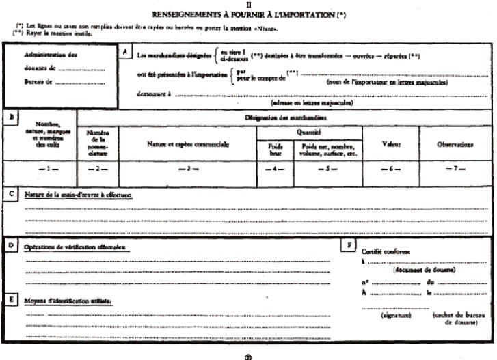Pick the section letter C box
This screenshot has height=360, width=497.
(11, 194)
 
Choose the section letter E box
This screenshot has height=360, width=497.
(11, 299)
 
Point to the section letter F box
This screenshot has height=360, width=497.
(350, 245)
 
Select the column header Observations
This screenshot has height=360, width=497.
(455, 144)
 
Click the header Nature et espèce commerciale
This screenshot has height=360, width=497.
(188, 144)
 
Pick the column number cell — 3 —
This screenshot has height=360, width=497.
(188, 168)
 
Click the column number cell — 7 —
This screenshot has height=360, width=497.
(455, 168)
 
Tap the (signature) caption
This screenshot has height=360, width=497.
(392, 316)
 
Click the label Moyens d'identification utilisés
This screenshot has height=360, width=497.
(68, 301)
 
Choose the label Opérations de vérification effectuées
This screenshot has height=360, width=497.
(75, 247)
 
